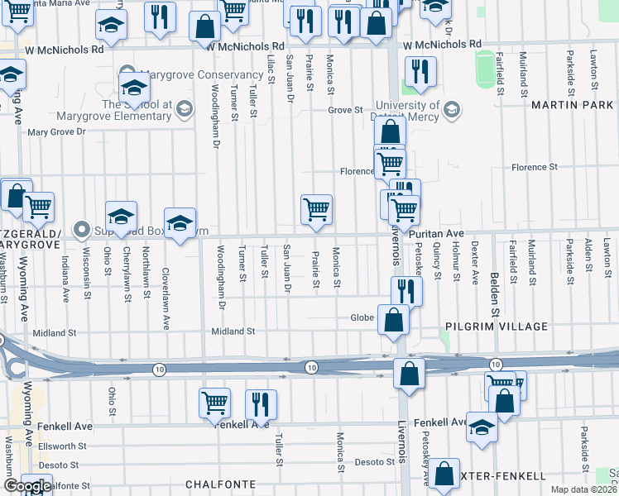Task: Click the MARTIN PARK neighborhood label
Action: [x=572, y=105]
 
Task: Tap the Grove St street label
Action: [x=345, y=109]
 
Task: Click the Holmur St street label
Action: [x=455, y=261]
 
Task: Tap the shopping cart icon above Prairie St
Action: [x=316, y=209]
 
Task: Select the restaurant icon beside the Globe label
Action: [x=406, y=290]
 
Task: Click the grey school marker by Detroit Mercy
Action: [x=452, y=109]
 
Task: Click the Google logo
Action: [x=27, y=485]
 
